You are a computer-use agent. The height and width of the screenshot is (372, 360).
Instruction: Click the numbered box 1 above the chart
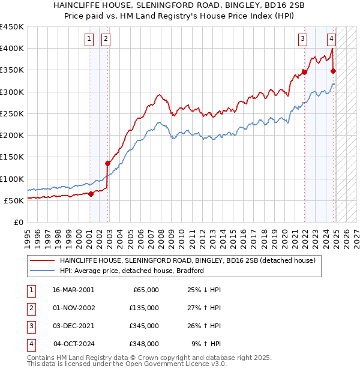pos(89,40)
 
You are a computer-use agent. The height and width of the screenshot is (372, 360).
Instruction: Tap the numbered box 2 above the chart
pos(106,40)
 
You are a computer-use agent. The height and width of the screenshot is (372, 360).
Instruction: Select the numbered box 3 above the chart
pos(302,40)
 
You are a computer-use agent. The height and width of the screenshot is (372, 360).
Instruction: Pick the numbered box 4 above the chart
pos(331,40)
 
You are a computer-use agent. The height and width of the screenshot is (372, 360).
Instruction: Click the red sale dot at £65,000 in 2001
pos(91,193)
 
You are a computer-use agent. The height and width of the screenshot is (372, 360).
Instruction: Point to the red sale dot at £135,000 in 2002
pos(108,163)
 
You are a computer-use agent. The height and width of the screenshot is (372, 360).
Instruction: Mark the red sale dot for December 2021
pos(305,72)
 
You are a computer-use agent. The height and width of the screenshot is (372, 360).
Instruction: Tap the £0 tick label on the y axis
pos(18,222)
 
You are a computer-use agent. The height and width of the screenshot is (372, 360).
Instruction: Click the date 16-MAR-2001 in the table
pos(73,290)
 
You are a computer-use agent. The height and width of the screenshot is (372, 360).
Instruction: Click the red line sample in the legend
pos(42,261)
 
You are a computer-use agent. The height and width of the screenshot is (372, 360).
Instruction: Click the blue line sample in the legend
pos(42,271)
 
